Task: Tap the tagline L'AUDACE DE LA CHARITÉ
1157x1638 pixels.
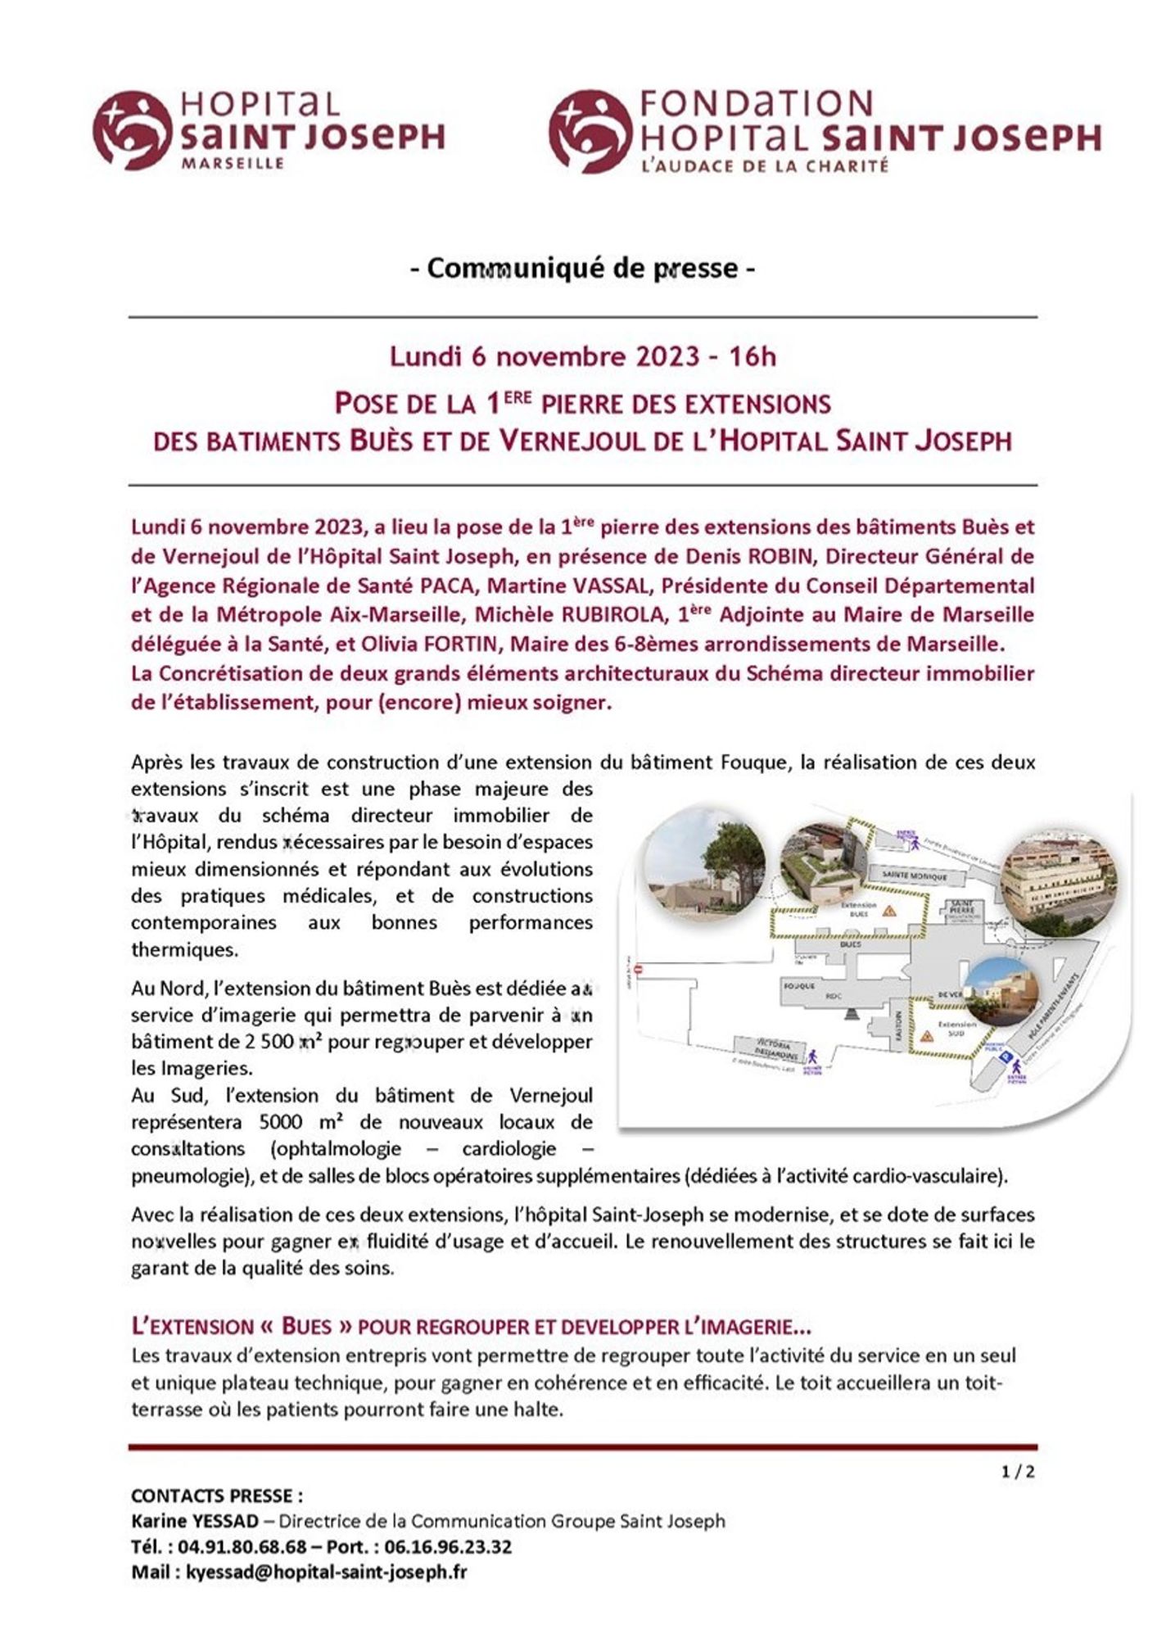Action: point(765,165)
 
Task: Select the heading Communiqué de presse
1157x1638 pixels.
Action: point(582,268)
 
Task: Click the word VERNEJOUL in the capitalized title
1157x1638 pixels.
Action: point(591,441)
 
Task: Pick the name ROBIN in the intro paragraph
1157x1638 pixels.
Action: point(787,557)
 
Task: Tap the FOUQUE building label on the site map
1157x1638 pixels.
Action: point(800,986)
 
